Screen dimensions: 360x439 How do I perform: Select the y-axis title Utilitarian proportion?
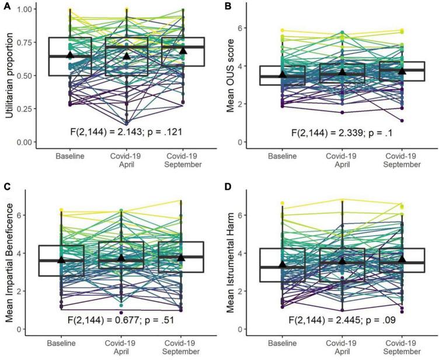coord(8,74)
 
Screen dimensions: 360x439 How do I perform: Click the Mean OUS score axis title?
coord(232,74)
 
